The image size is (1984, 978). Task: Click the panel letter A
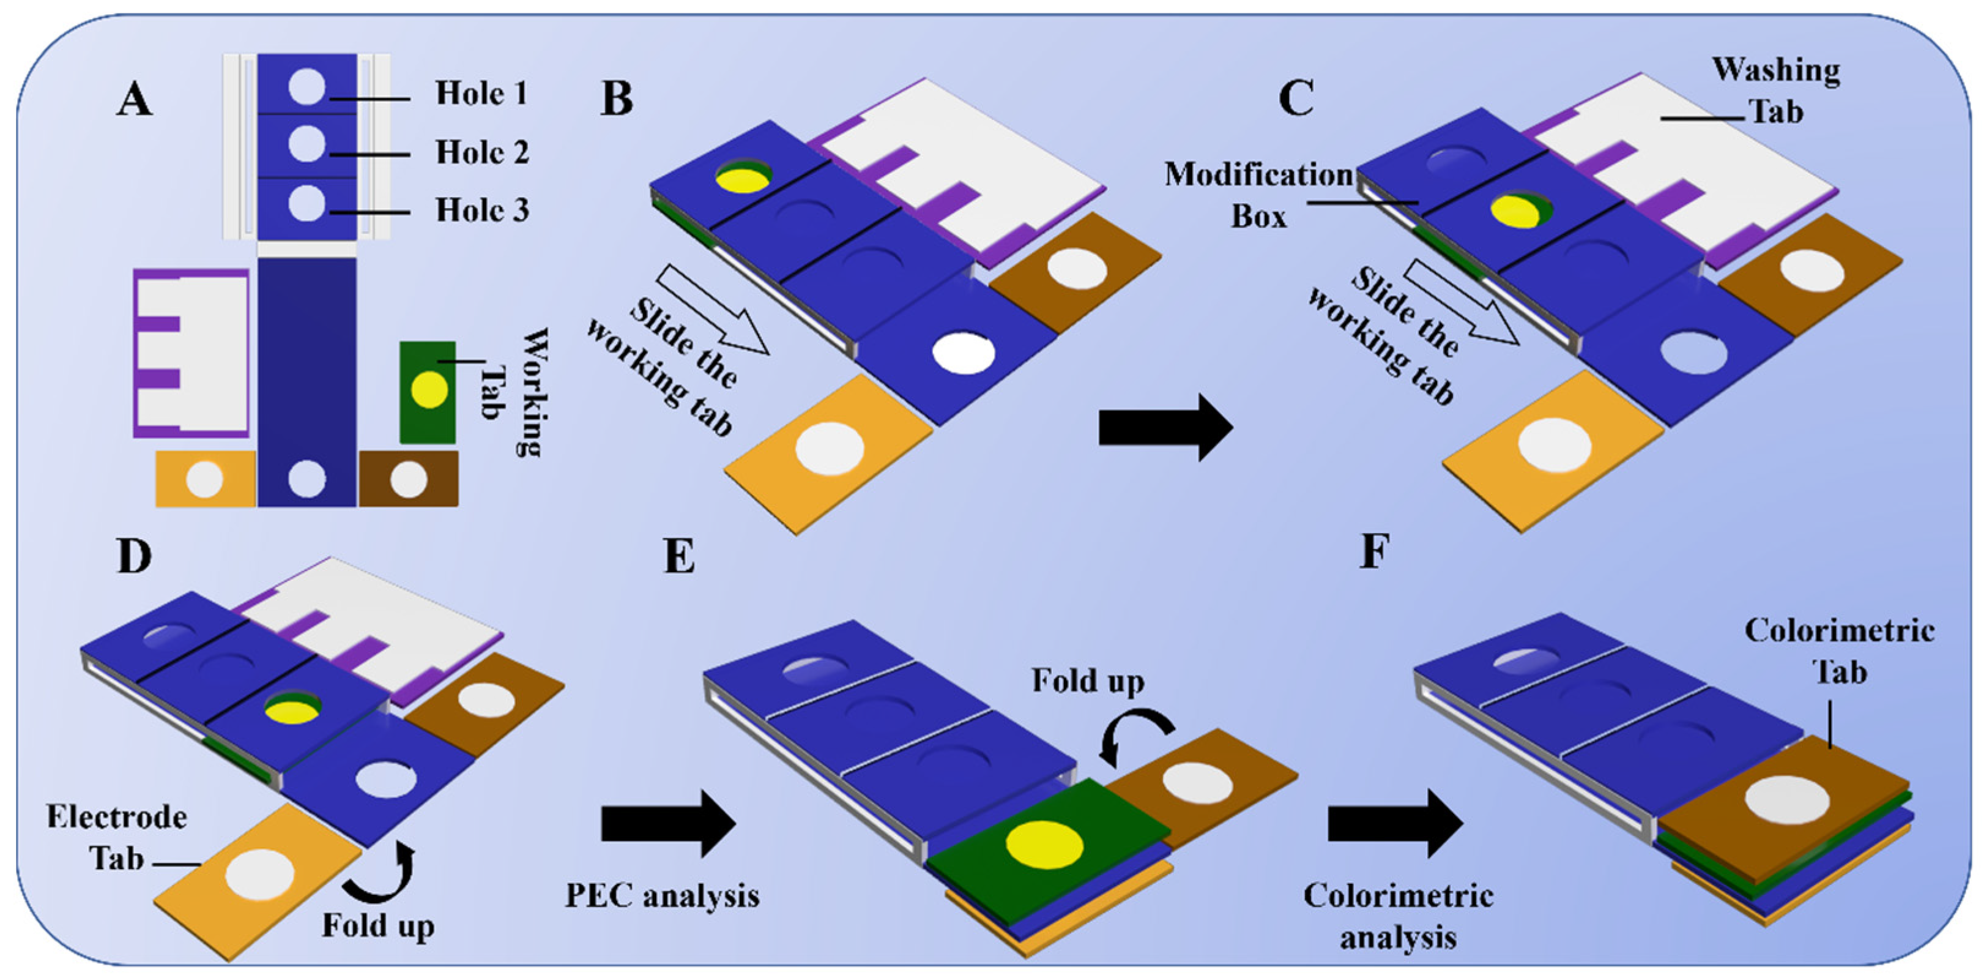pos(135,100)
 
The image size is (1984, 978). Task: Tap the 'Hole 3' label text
pos(482,210)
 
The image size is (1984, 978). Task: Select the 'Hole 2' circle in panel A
pos(307,144)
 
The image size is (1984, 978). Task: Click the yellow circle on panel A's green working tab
pos(429,390)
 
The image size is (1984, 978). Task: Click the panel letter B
pos(617,100)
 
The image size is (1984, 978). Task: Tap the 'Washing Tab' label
pos(1776,91)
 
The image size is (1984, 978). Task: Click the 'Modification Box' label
pos(1258,195)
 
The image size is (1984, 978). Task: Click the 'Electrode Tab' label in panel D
pos(116,837)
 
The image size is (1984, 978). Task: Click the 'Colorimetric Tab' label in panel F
pos(1839,651)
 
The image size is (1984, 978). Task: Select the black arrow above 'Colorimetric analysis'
pos(1395,824)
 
